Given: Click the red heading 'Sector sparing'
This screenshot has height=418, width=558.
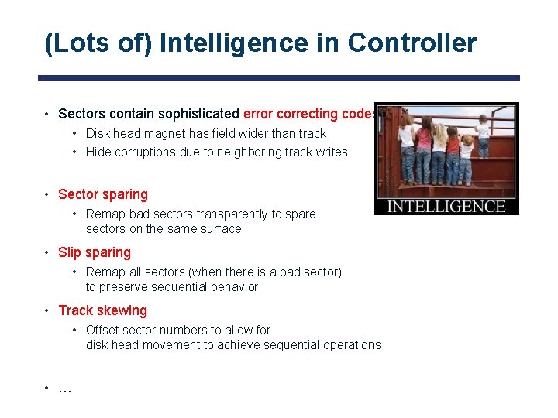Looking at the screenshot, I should pyautogui.click(x=102, y=194).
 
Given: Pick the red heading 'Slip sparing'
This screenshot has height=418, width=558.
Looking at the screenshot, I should pyautogui.click(x=95, y=252).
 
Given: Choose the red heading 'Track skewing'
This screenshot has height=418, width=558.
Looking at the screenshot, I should pyautogui.click(x=102, y=310).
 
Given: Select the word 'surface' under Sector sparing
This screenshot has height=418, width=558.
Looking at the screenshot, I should pyautogui.click(x=220, y=228).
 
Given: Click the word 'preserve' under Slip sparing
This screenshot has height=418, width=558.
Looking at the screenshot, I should pyautogui.click(x=124, y=286).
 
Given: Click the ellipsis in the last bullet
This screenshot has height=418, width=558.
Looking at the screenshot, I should pyautogui.click(x=65, y=389).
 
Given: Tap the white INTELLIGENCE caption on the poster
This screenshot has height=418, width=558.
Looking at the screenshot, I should pyautogui.click(x=446, y=206).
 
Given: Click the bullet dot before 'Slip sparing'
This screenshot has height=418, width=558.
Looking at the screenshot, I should pyautogui.click(x=47, y=252).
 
